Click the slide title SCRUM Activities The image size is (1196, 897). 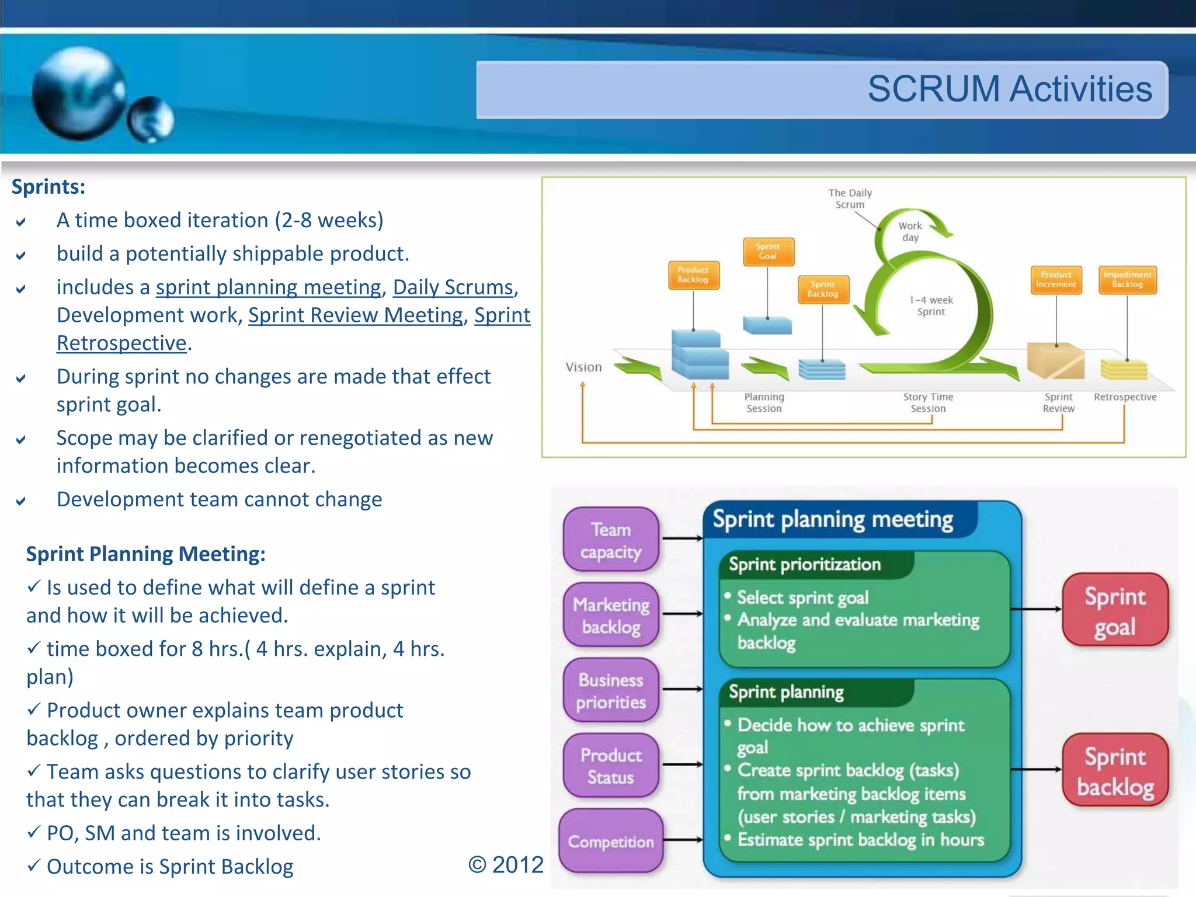[x=1009, y=89]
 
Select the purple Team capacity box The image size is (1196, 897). [x=611, y=540]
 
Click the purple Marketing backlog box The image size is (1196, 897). [x=611, y=616]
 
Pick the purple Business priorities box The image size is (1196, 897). [x=611, y=691]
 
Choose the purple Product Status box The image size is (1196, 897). [x=611, y=766]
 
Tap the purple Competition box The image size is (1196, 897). [x=611, y=842]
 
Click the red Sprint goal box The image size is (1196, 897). [x=1115, y=611]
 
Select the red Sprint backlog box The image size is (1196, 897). [x=1115, y=771]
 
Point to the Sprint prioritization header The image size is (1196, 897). [x=805, y=565]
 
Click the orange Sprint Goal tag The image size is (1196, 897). [x=767, y=251]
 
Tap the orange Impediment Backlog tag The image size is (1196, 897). [x=1127, y=279]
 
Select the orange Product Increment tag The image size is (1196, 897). [x=1055, y=279]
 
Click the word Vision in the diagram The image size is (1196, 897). [x=583, y=367]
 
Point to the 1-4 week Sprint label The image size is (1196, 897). [x=931, y=305]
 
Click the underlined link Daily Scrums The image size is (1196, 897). [x=453, y=287]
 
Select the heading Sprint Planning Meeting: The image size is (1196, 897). [x=145, y=554]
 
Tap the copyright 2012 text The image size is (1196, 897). [x=506, y=865]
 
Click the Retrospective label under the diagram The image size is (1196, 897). [x=1125, y=397]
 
